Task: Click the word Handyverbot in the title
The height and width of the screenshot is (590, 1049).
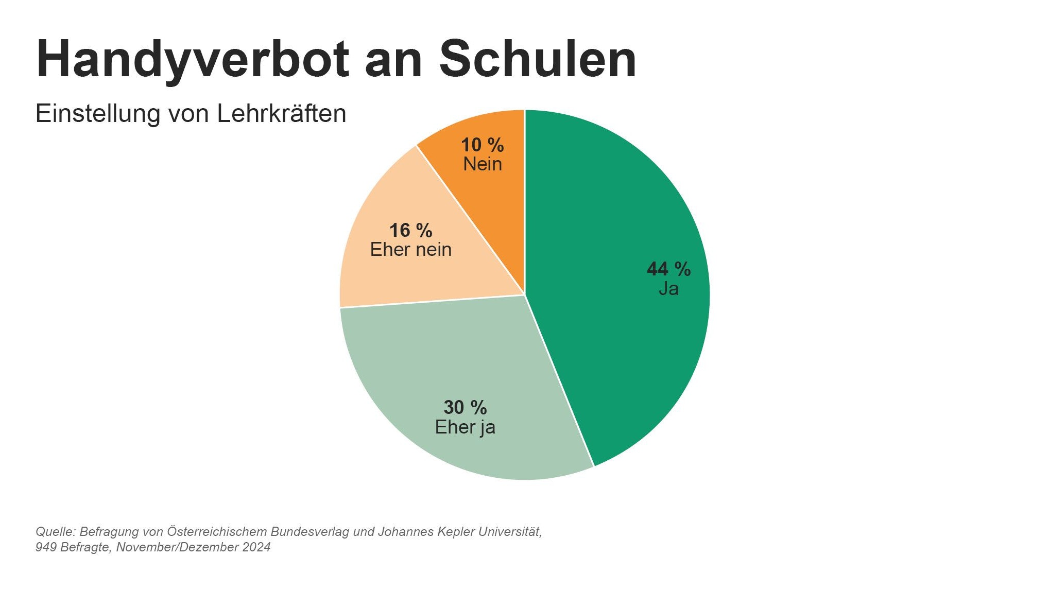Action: pos(193,59)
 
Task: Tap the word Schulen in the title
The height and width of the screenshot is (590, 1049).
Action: pos(538,59)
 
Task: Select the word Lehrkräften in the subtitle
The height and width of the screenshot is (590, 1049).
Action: pos(281,114)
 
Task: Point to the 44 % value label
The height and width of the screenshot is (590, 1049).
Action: pos(668,269)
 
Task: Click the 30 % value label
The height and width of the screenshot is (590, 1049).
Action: pos(465,408)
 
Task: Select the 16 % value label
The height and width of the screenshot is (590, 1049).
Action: pos(410,231)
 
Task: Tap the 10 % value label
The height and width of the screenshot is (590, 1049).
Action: pos(482,145)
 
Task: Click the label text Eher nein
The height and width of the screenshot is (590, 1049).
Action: pos(410,250)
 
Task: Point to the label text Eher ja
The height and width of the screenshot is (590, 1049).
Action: pos(465,427)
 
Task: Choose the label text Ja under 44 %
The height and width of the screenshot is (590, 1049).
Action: pos(668,289)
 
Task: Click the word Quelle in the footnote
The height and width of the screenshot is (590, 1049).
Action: pos(56,532)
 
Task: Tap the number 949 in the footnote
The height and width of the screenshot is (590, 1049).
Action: pos(46,547)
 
